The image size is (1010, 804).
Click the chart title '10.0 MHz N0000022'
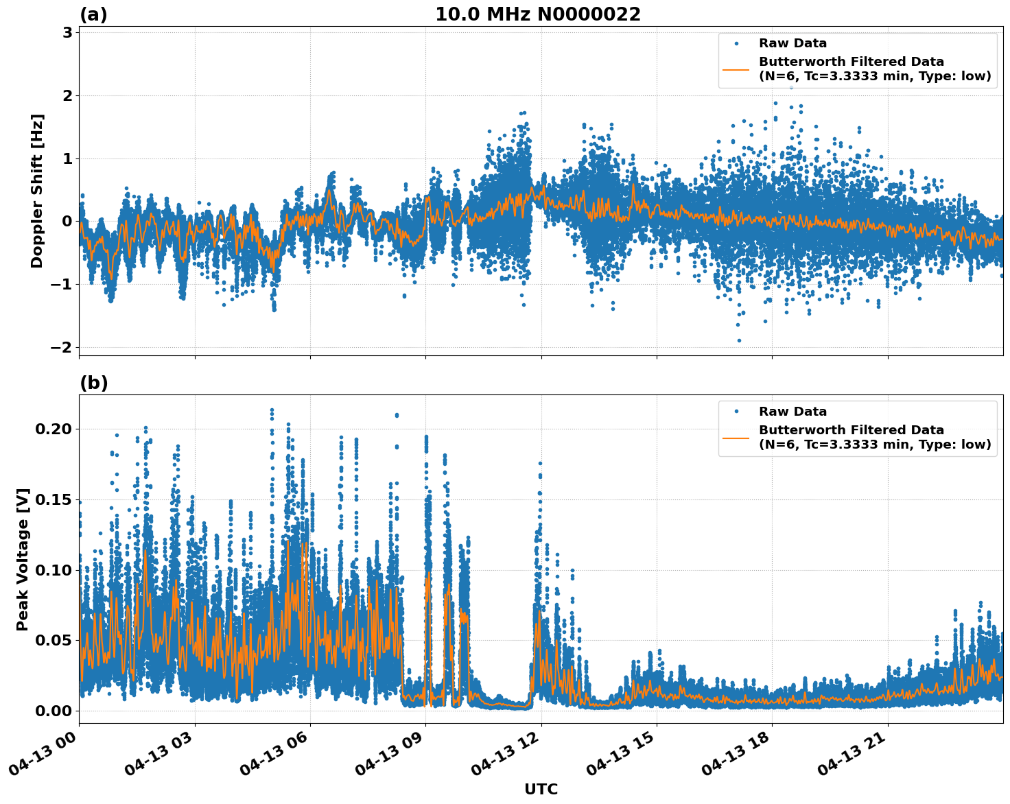click(538, 14)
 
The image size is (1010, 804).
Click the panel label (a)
click(93, 14)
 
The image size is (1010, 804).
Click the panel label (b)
click(93, 383)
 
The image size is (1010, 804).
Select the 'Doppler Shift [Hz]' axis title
click(37, 191)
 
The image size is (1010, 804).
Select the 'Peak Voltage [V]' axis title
click(23, 559)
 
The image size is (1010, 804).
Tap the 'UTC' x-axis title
click(541, 789)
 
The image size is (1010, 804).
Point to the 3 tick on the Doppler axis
click(67, 33)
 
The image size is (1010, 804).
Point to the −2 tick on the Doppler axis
click(61, 347)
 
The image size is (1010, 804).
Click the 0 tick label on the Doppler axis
click(67, 222)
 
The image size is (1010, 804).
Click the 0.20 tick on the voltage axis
click(53, 429)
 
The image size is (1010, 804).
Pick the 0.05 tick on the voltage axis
click(53, 641)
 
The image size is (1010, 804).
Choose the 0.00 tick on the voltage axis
click(53, 711)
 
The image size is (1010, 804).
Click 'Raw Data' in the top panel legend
click(792, 43)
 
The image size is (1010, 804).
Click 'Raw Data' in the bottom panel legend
click(792, 412)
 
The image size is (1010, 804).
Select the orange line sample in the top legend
click(736, 69)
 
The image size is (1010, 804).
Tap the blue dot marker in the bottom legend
click(736, 412)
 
